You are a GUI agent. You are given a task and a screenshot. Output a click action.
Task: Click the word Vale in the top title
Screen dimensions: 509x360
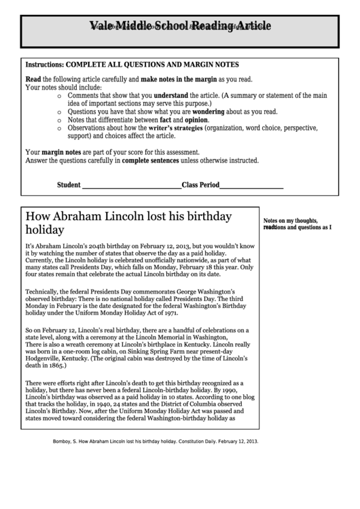101,27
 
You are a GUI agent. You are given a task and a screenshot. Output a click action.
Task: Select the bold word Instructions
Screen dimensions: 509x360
43,65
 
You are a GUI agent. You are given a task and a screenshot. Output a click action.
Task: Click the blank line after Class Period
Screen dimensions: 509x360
252,185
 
